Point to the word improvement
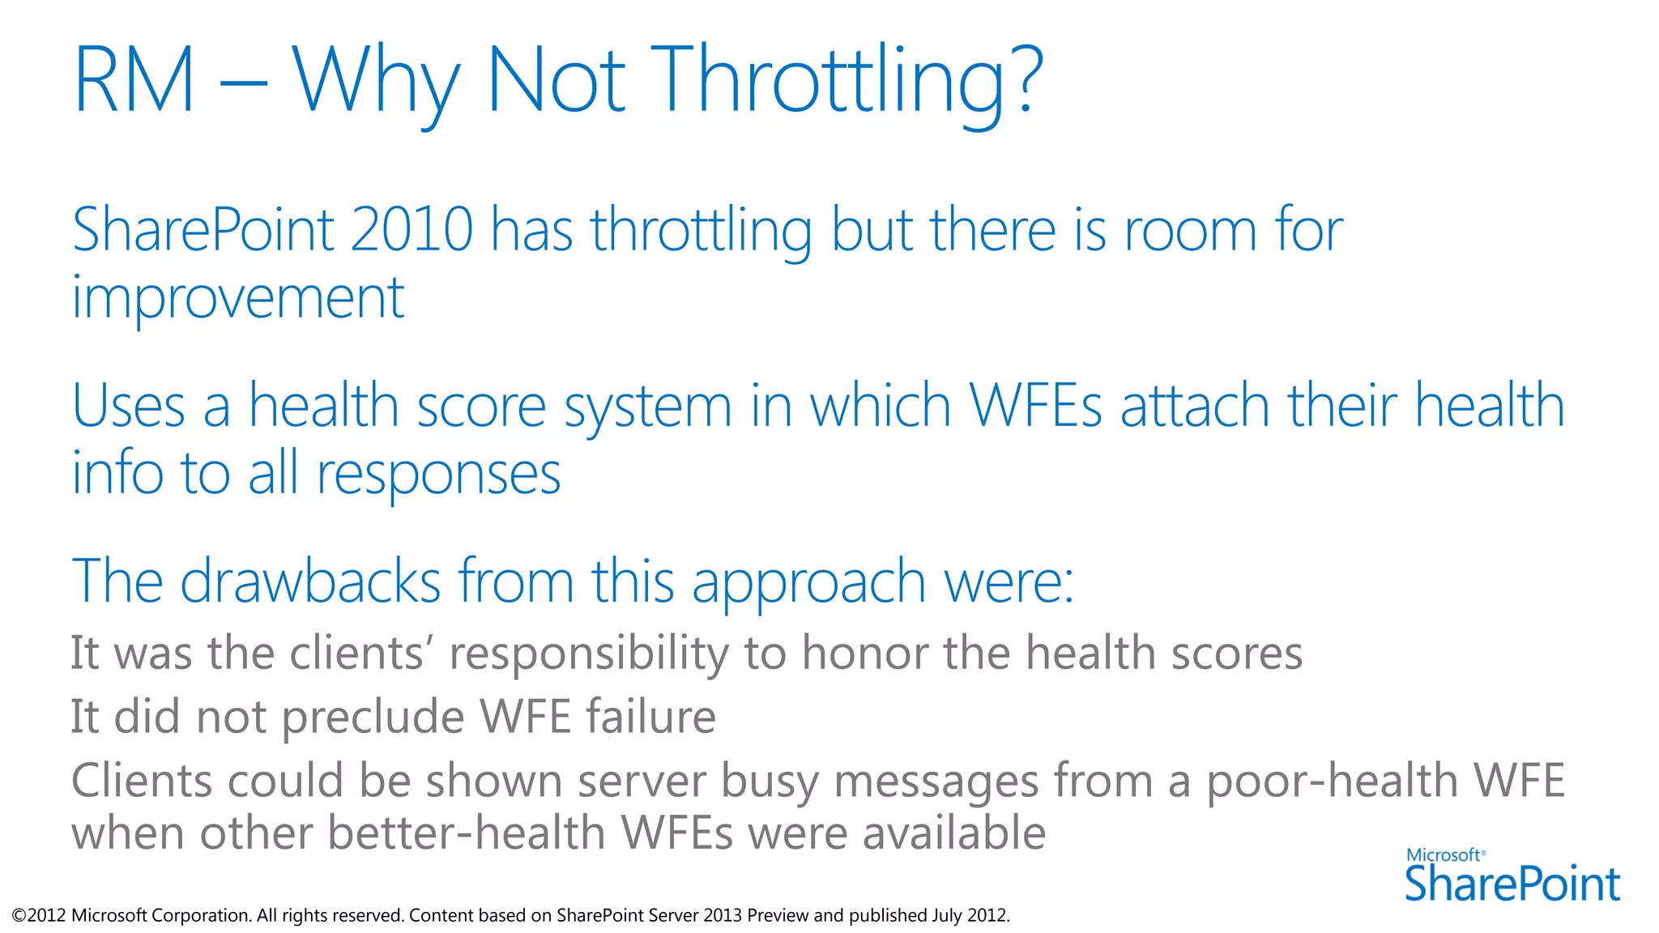pos(238,298)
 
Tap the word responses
pos(438,475)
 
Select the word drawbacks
pos(309,581)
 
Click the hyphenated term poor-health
pos(1332,782)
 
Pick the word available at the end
pos(953,833)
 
